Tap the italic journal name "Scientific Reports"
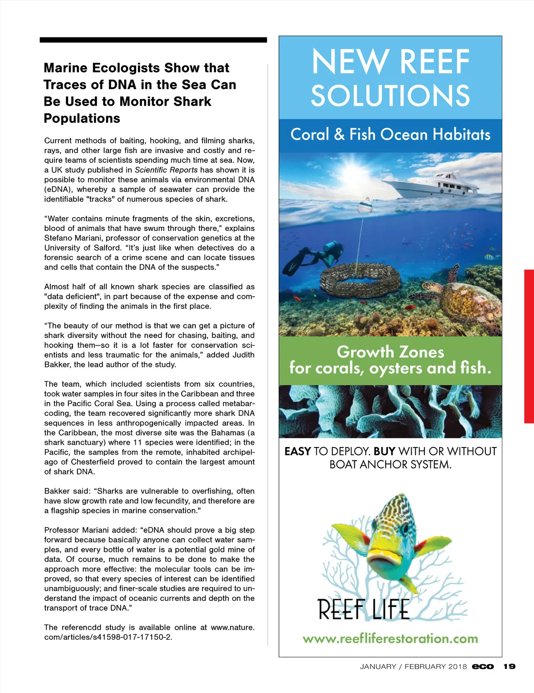point(166,170)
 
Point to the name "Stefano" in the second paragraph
point(58,238)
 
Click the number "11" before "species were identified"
point(137,442)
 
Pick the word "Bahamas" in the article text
point(230,432)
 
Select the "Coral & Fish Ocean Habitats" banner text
point(390,134)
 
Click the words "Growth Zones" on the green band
point(390,352)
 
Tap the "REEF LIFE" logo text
point(363,609)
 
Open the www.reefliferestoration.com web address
point(390,639)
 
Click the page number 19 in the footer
point(510,666)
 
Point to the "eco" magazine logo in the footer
point(483,666)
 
